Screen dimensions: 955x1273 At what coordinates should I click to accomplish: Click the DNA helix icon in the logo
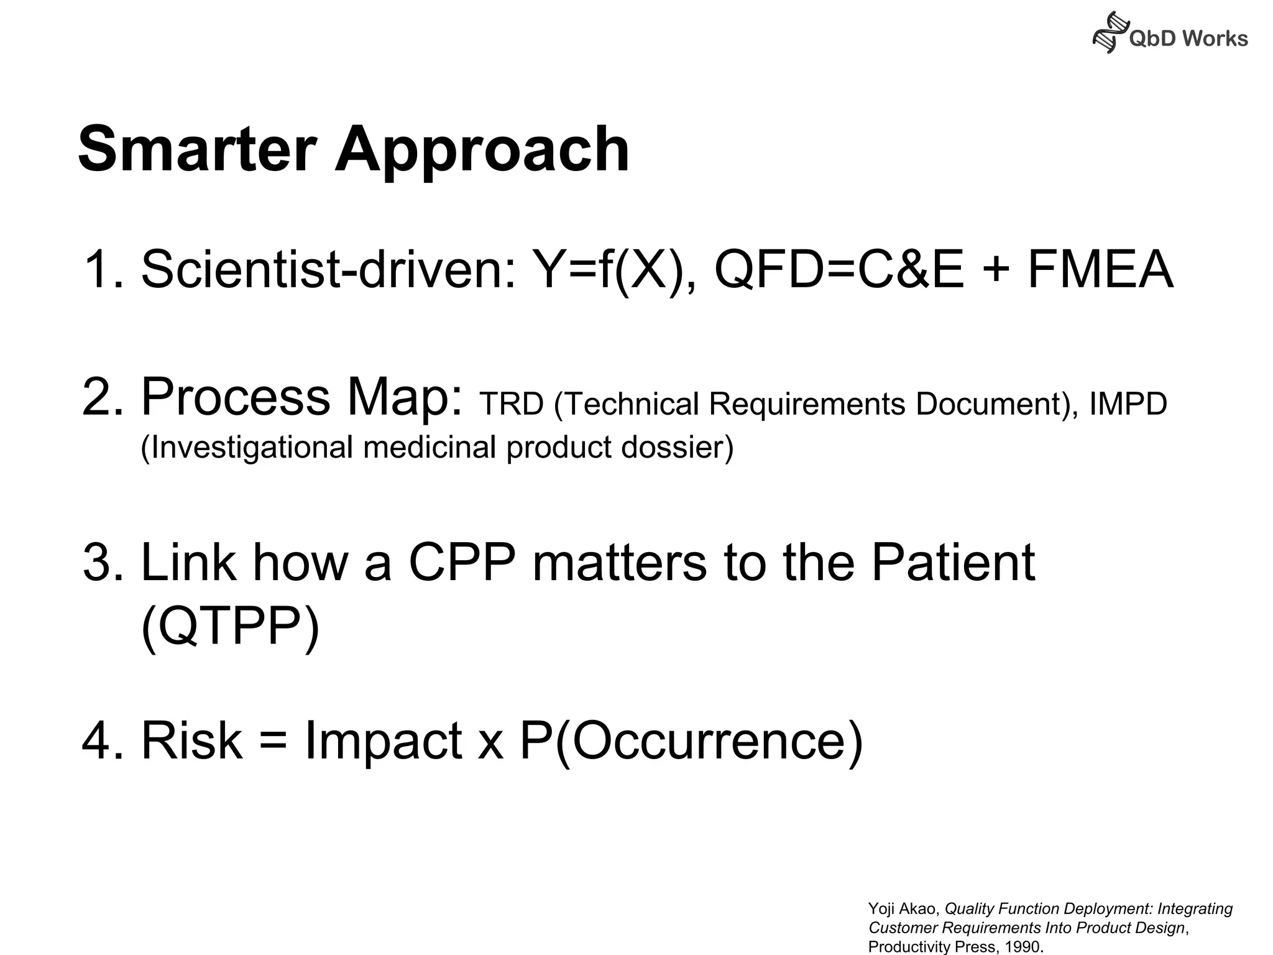pos(1109,33)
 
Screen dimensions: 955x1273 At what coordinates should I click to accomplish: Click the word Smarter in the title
pos(197,149)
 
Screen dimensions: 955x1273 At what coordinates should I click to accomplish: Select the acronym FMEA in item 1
pos(1100,269)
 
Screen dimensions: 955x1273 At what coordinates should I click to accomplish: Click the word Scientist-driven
pos(329,269)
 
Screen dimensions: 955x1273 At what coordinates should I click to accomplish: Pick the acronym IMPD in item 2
pos(1128,404)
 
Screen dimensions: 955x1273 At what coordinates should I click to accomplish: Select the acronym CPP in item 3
pos(462,562)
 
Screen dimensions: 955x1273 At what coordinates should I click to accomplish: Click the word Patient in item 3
pos(952,562)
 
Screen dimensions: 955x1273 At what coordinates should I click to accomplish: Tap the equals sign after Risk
pos(272,741)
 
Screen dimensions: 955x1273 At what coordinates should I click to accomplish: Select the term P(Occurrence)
pos(691,741)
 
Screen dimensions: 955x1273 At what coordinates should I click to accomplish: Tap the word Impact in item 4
pos(383,741)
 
